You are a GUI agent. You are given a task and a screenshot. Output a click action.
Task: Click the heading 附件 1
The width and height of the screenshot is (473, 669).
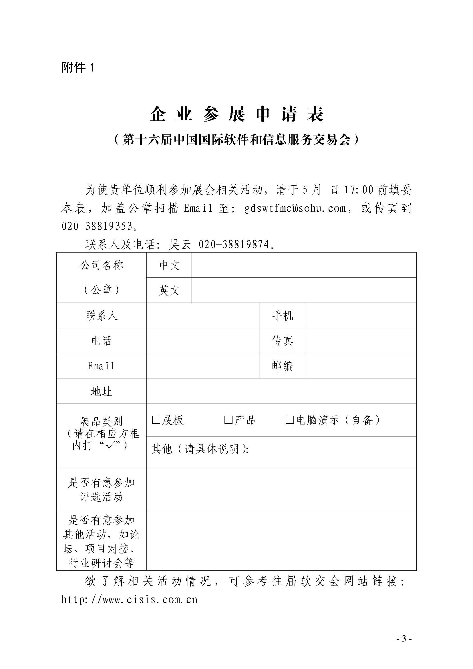coord(78,68)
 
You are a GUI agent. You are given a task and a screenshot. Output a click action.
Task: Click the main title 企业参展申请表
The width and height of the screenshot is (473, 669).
coord(236,114)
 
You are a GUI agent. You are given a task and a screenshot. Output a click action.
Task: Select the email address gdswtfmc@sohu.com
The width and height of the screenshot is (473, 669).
coord(295,208)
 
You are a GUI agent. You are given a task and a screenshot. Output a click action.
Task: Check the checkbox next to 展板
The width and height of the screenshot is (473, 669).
coord(156,420)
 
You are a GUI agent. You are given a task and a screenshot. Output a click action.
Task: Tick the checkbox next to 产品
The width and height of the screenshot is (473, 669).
coord(228,420)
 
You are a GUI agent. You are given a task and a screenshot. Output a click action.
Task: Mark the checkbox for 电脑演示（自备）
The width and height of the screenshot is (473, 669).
coord(289,420)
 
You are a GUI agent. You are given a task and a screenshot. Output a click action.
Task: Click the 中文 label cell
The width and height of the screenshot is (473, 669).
coord(169,265)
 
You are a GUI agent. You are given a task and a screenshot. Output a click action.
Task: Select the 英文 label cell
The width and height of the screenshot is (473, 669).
coord(169,290)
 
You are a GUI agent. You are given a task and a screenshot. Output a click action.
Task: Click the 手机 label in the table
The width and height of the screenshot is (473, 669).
coord(282,315)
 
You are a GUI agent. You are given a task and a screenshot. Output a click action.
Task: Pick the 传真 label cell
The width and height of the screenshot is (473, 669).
coord(282,341)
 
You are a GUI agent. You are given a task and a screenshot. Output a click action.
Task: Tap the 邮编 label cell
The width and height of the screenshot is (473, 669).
coord(282,366)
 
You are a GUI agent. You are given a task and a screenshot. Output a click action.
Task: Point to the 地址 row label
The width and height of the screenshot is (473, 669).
coord(101,391)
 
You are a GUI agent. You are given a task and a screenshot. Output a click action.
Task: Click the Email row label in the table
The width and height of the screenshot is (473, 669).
coord(101,366)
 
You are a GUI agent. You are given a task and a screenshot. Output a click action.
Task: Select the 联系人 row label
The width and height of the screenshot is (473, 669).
coord(101,315)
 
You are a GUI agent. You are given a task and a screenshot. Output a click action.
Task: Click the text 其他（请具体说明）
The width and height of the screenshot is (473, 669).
coord(200,449)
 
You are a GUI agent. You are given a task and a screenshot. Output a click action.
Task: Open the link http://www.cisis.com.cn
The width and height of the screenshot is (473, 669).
coord(130,599)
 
